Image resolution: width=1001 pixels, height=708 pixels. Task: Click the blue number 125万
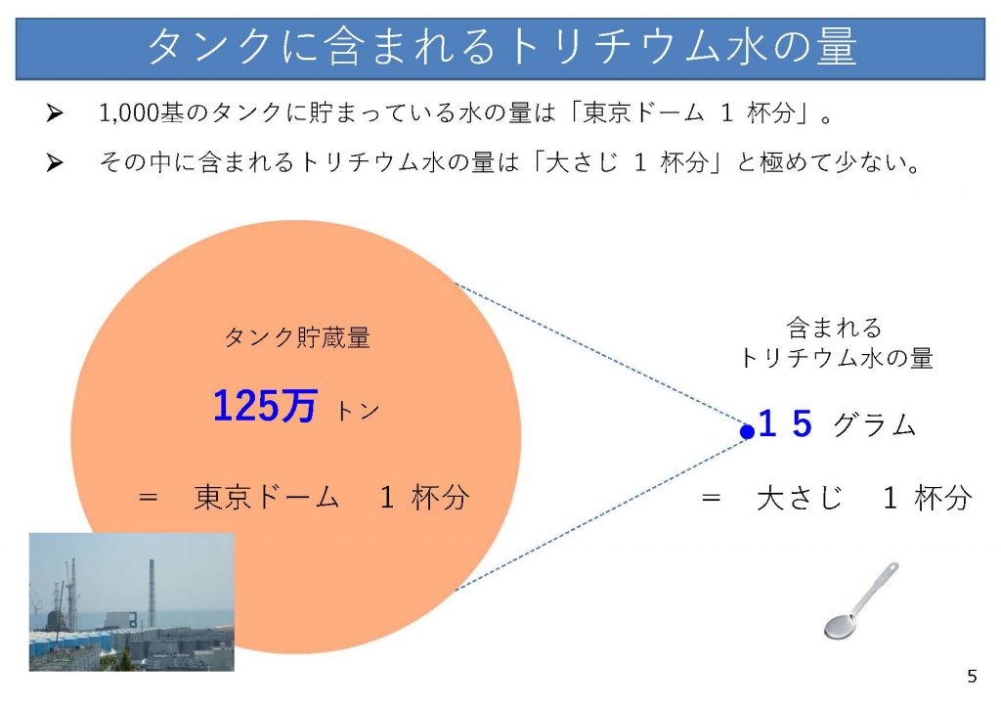coord(264,406)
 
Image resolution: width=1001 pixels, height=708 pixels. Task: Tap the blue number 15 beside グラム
coord(785,423)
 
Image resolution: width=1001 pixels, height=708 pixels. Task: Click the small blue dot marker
coord(747,432)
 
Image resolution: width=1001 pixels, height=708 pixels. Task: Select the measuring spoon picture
coord(861,600)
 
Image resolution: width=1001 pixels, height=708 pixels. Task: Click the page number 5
coord(972,676)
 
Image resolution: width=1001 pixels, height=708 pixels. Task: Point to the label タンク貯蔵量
coord(297,337)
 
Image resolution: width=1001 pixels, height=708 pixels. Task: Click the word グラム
coord(875,424)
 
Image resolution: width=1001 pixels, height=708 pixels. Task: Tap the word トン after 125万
coord(358,411)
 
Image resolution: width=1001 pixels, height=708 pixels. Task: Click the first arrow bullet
coord(55,113)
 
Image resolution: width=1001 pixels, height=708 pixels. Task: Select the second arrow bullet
coord(55,162)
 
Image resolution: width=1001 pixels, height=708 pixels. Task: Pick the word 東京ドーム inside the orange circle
coord(266,498)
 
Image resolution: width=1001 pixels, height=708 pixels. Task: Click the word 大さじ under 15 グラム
coord(800,498)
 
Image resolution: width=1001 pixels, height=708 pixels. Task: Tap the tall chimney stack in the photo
coord(152,593)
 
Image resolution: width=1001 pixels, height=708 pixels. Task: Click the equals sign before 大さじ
coord(711,497)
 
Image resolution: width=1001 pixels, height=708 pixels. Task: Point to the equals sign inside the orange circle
coord(149,496)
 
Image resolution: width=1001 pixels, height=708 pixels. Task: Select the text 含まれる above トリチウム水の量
coord(835,329)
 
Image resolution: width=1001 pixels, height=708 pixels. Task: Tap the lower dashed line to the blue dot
coord(600,513)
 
